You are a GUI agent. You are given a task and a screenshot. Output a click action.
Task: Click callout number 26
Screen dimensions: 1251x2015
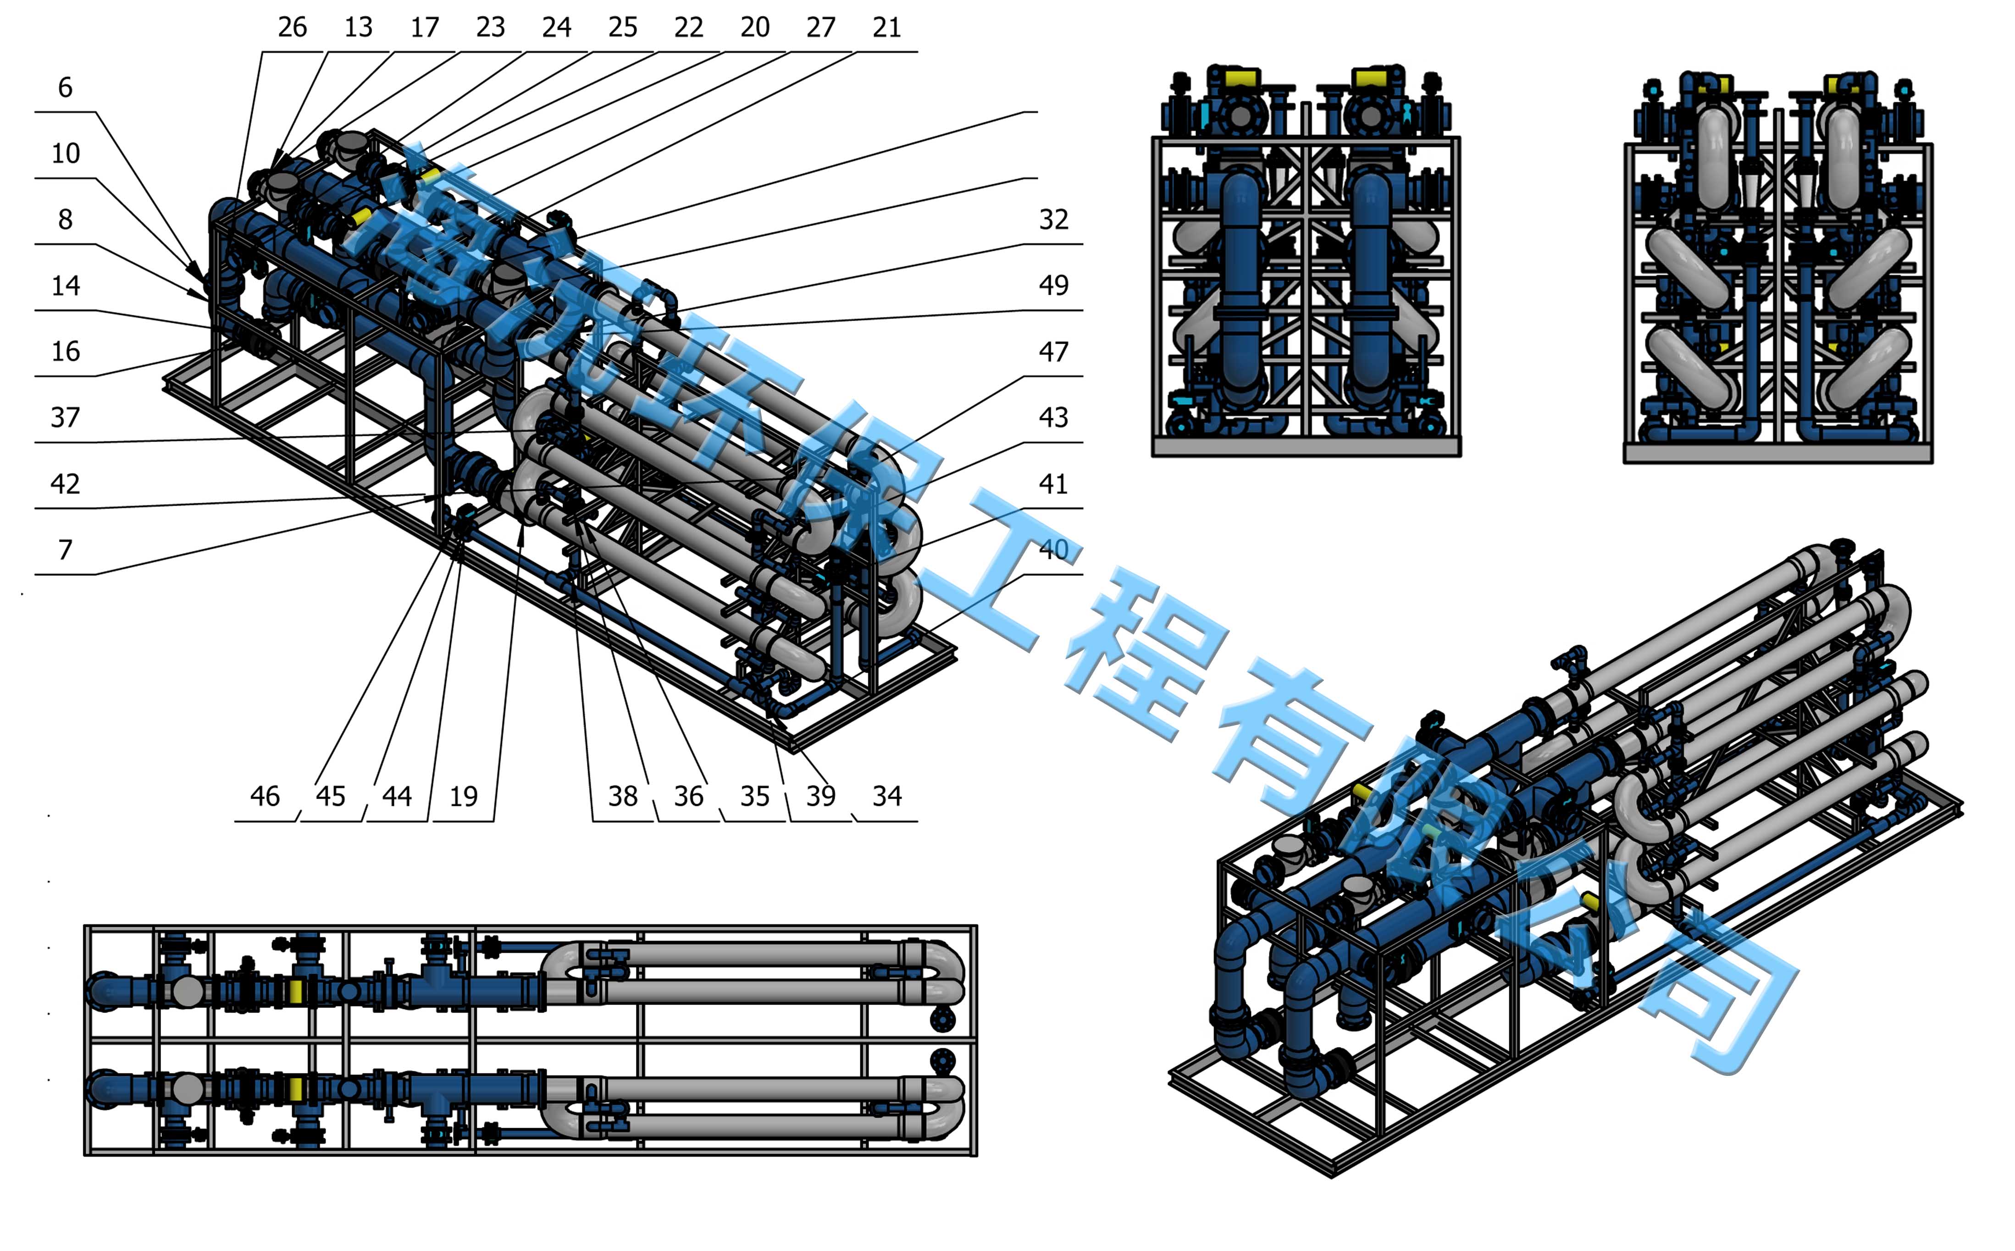292,28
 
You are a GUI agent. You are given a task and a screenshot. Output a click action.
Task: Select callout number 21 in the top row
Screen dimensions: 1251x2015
886,28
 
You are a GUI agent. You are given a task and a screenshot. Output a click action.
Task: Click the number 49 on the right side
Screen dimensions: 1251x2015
1053,286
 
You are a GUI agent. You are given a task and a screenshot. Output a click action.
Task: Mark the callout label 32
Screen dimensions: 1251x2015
1053,219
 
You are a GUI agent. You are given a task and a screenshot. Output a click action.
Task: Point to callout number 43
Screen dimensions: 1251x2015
1053,418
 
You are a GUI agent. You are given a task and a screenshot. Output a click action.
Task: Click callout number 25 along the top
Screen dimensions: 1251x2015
622,28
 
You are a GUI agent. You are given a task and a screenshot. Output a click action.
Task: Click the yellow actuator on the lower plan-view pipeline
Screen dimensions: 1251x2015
295,1088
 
